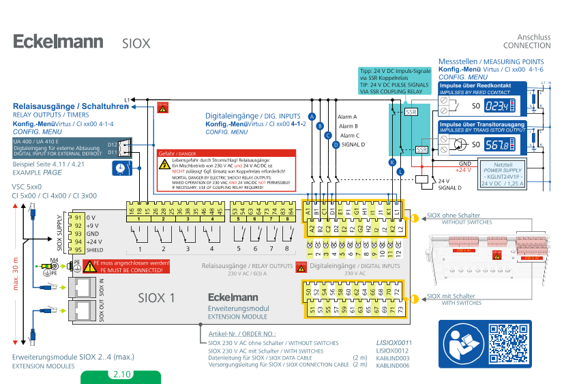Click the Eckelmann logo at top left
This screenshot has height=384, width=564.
tap(58, 42)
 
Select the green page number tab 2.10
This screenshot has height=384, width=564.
tap(121, 374)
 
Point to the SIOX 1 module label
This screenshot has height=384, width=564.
tap(157, 297)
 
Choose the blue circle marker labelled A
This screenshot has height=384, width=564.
tap(312, 117)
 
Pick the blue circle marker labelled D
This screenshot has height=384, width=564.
tap(336, 144)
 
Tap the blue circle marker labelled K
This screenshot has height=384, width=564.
tap(392, 162)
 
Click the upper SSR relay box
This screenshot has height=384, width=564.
tap(411, 112)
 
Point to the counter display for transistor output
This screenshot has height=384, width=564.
tap(498, 145)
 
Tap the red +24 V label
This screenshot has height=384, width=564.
tap(462, 169)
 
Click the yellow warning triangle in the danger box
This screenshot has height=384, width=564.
tap(165, 164)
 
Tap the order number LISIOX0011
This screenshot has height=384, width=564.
tap(394, 342)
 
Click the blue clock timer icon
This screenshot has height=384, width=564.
tap(120, 167)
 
